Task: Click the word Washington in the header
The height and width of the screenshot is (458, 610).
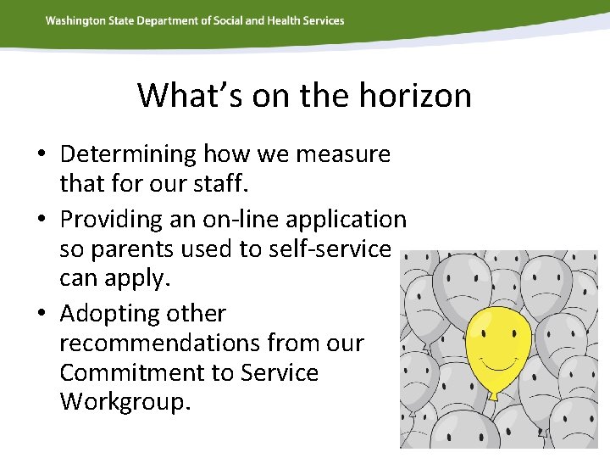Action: [x=75, y=20]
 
